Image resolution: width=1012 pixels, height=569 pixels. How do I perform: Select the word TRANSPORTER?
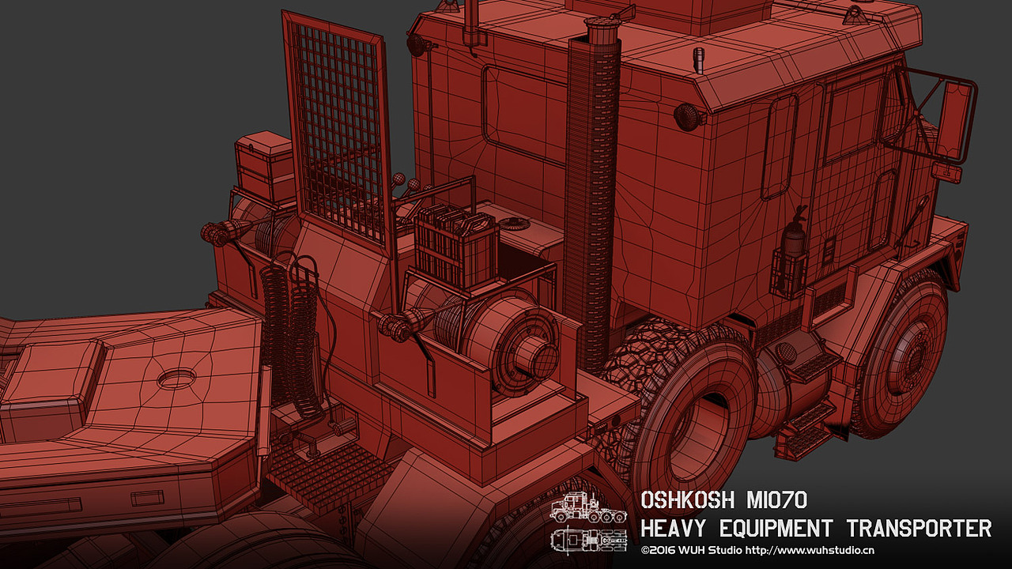tap(919, 528)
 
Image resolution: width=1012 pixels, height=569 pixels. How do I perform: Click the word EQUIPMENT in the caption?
tap(776, 528)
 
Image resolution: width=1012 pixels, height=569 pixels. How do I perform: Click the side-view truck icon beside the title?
tap(588, 508)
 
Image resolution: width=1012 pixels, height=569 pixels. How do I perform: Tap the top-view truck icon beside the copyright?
tap(589, 540)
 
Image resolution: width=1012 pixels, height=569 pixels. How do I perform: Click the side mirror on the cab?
tap(954, 121)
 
